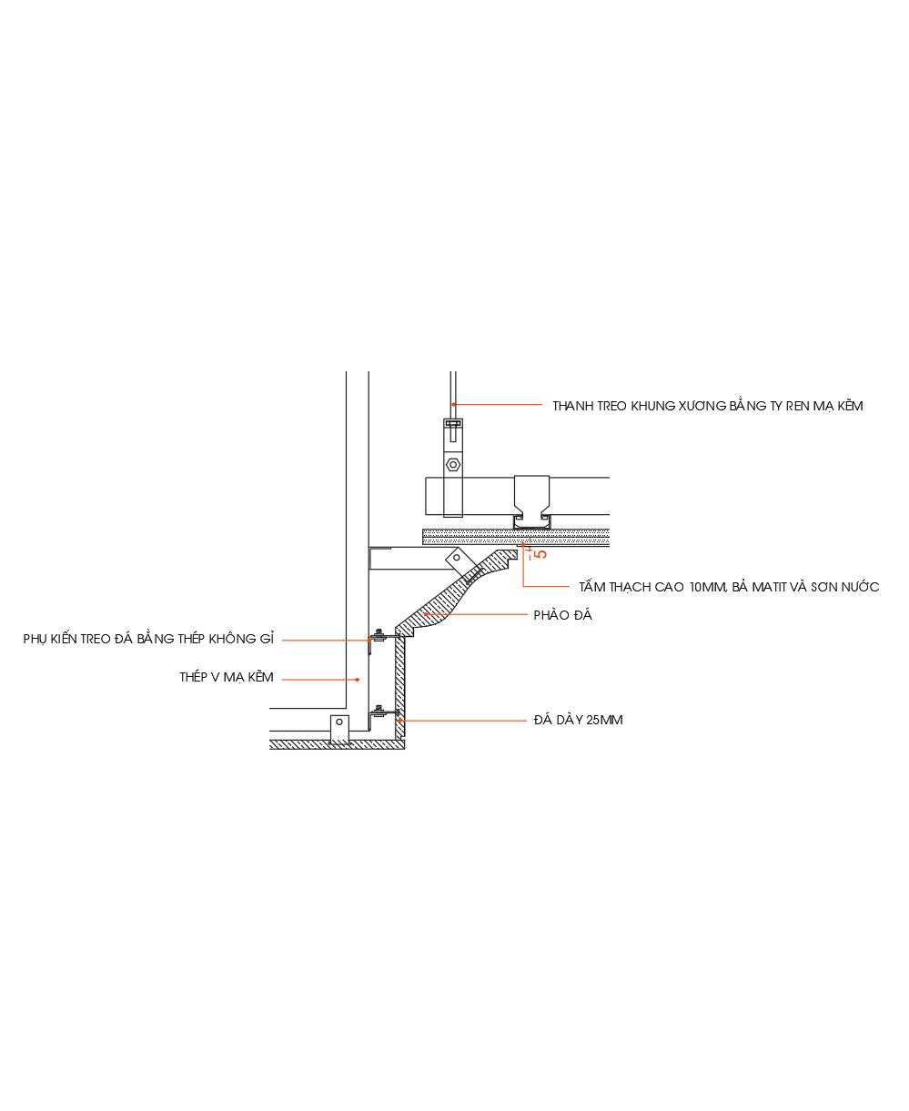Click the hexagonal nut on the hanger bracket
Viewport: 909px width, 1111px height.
(452, 465)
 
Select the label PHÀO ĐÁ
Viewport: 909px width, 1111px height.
(562, 616)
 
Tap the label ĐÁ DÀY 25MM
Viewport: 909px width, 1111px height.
(578, 721)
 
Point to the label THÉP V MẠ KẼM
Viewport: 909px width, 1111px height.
(227, 678)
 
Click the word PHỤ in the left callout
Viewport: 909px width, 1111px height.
(37, 640)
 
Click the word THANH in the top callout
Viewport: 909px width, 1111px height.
(573, 407)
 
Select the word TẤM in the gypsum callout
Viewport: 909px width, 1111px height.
(592, 588)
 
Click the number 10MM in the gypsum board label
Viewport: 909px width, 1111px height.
(708, 588)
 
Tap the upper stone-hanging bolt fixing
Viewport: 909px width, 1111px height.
(379, 633)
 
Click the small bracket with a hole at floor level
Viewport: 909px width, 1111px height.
(338, 729)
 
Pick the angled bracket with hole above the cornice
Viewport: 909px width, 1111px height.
(456, 558)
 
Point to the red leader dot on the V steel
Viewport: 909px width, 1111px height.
(358, 679)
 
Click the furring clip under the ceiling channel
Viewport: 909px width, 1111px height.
(531, 521)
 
